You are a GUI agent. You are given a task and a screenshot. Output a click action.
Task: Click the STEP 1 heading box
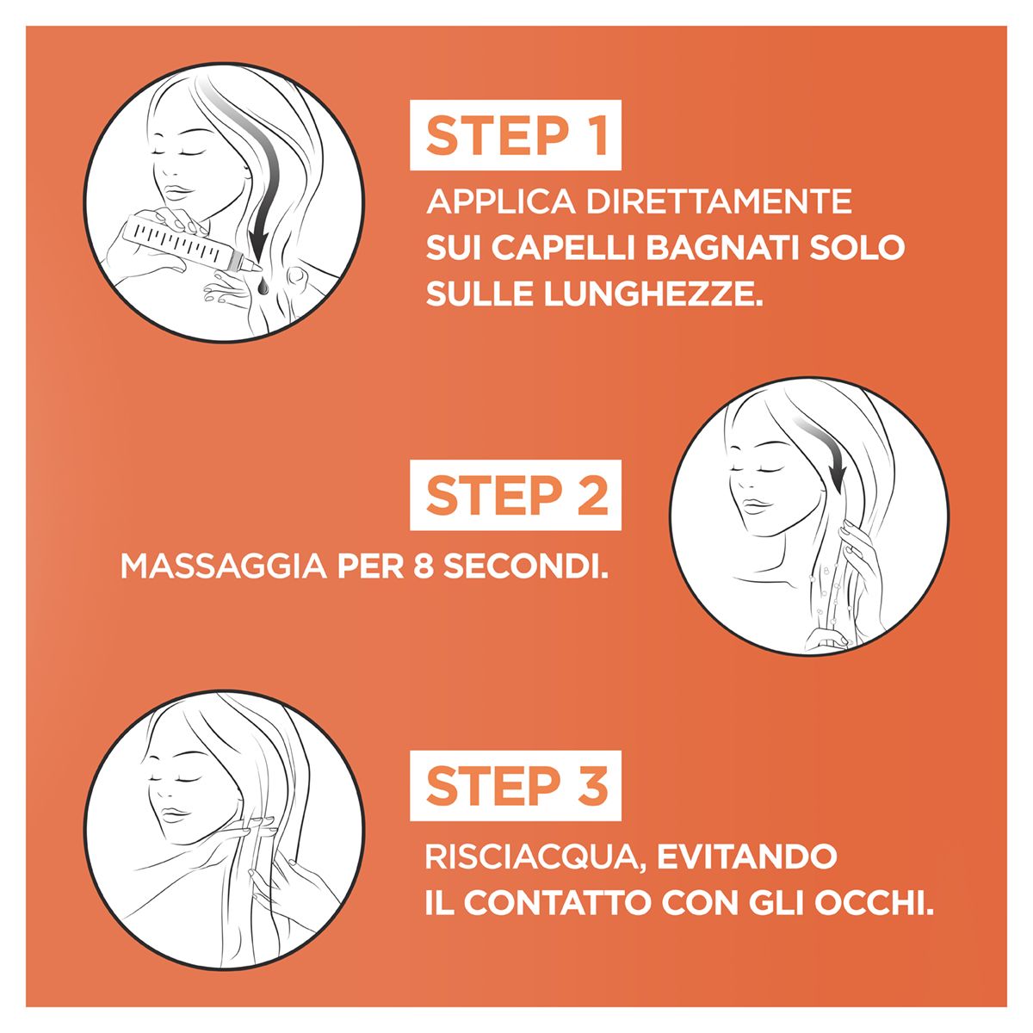[x=515, y=134]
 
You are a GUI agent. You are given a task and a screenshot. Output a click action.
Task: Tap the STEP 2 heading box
[x=515, y=495]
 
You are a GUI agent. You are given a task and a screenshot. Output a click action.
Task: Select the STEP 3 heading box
[x=515, y=785]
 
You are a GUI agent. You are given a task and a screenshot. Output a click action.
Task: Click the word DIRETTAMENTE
[x=719, y=201]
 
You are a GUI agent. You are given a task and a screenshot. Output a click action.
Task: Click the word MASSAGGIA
[x=224, y=566]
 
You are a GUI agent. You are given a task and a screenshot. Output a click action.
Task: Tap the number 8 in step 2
[x=424, y=566]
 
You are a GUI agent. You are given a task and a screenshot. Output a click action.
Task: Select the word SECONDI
[x=526, y=566]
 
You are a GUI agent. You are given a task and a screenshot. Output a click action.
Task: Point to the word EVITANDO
[x=746, y=857]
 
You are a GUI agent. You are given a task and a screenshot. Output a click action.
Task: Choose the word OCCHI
[x=874, y=903]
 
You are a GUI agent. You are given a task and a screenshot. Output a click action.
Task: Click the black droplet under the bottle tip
[x=263, y=285]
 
